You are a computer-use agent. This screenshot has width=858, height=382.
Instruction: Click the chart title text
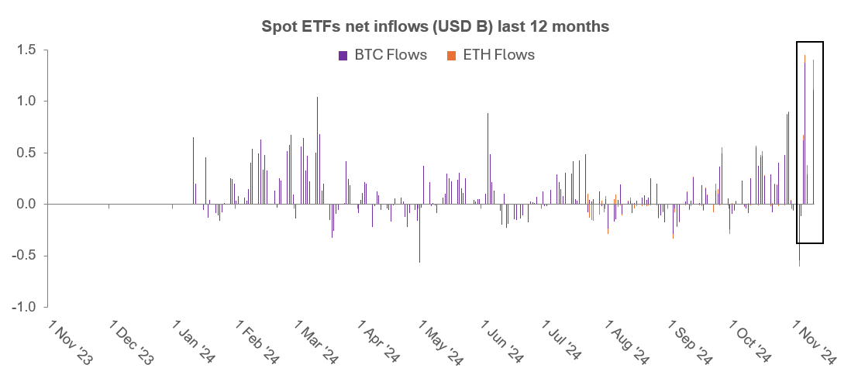pyautogui.click(x=435, y=26)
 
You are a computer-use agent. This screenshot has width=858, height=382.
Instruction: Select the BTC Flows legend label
pyautogui.click(x=391, y=55)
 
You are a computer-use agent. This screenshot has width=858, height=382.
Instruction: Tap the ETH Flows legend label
pyautogui.click(x=498, y=55)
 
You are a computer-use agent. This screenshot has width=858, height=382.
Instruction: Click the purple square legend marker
pyautogui.click(x=343, y=55)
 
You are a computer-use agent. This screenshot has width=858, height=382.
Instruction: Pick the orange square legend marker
pyautogui.click(x=451, y=55)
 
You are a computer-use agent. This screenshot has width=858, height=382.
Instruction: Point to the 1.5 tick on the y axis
pyautogui.click(x=28, y=50)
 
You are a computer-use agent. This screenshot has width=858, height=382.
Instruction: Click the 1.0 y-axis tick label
pyautogui.click(x=28, y=102)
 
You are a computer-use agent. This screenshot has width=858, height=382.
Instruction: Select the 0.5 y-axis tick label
pyautogui.click(x=28, y=153)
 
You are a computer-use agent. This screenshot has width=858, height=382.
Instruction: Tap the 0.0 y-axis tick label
pyautogui.click(x=28, y=205)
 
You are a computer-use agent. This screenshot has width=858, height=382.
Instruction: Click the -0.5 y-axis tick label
pyautogui.click(x=26, y=256)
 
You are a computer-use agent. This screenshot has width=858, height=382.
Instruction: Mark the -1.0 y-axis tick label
pyautogui.click(x=26, y=307)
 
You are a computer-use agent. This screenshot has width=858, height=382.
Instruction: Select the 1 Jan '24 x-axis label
pyautogui.click(x=194, y=341)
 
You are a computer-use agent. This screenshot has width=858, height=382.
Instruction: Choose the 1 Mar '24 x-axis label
pyautogui.click(x=318, y=341)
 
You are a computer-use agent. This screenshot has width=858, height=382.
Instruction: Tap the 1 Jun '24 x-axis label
pyautogui.click(x=505, y=341)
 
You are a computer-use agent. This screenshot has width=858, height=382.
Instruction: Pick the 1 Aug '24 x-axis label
pyautogui.click(x=628, y=341)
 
